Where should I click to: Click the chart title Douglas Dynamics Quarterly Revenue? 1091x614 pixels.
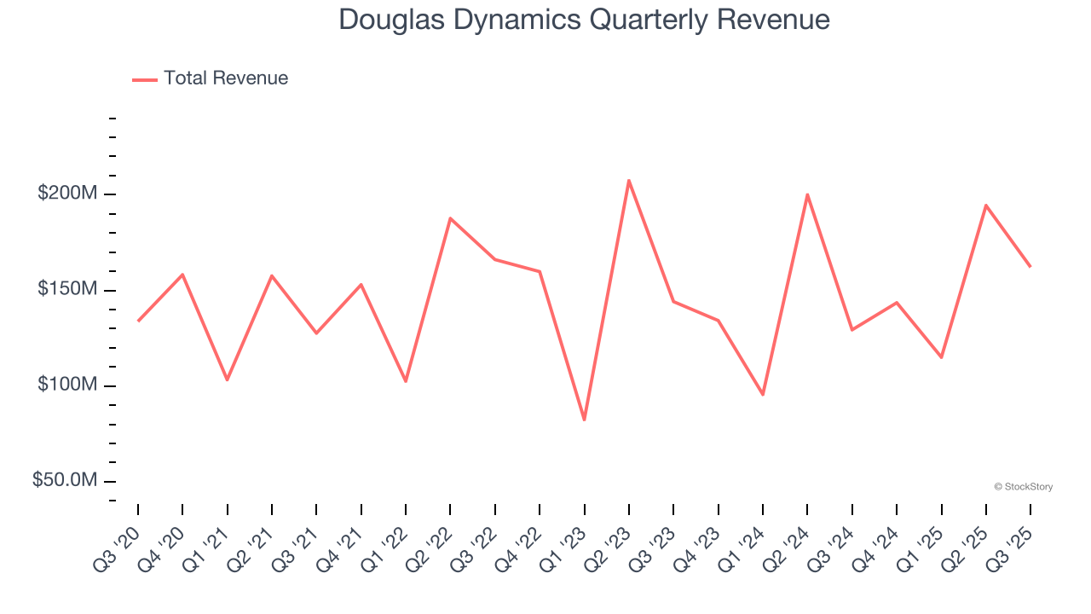[x=584, y=19]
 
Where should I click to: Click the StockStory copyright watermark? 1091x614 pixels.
[x=1023, y=487]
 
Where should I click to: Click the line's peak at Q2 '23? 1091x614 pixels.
[x=629, y=180]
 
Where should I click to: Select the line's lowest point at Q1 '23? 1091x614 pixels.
[x=584, y=420]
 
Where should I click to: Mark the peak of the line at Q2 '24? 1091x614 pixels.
[x=807, y=194]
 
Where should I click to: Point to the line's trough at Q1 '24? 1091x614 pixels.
[x=763, y=395]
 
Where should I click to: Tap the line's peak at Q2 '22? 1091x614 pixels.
[x=450, y=218]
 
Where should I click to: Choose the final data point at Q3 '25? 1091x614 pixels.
[x=1030, y=267]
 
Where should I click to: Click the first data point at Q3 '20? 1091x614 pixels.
[x=138, y=321]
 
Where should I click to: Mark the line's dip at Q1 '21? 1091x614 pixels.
[x=227, y=379]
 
